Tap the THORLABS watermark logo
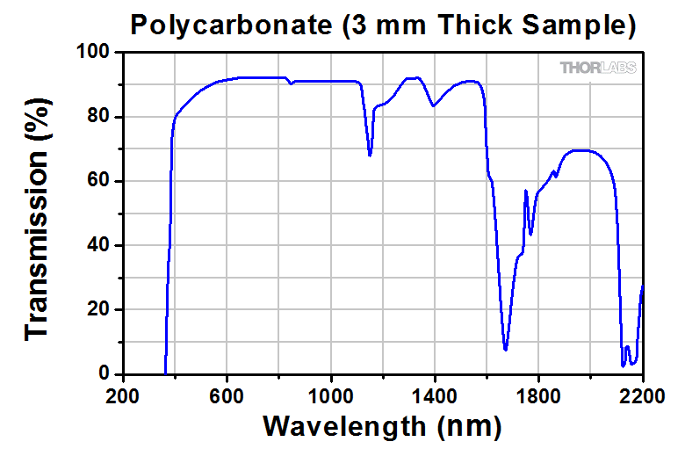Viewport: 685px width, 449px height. point(598,68)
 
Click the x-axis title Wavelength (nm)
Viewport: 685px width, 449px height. point(382,427)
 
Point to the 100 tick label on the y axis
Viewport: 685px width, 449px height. point(90,53)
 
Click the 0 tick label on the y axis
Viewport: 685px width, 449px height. point(101,374)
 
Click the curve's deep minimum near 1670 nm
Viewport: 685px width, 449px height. point(505,349)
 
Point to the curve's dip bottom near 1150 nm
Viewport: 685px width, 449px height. point(370,156)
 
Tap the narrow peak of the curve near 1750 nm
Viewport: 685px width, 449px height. point(525,191)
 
